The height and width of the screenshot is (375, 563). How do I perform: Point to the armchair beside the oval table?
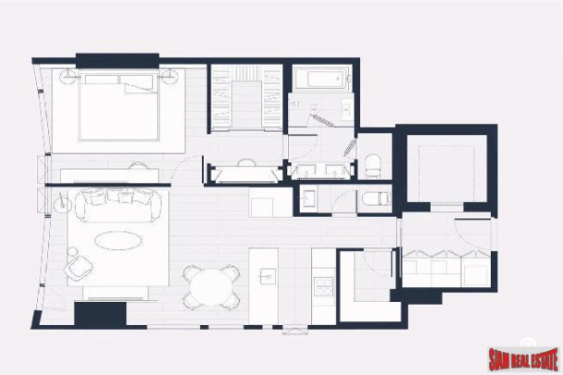point(79,267)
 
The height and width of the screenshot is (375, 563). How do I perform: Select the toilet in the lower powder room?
point(372,199)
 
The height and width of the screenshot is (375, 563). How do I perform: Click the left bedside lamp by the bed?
point(68,75)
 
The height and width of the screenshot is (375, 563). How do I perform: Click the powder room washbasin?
point(310,196)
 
